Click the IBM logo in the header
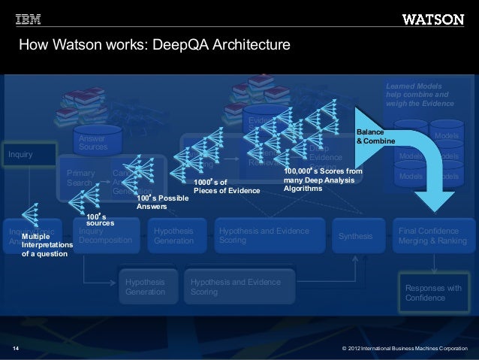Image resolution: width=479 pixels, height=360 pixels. pos(28,18)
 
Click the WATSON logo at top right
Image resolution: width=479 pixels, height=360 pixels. pos(432,19)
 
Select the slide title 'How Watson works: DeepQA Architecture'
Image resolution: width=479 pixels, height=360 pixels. pos(154,47)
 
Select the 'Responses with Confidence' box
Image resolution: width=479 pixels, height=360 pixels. pos(433,293)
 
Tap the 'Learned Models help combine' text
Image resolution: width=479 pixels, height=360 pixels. pos(420,95)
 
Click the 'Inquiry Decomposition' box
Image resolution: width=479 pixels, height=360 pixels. pos(105,235)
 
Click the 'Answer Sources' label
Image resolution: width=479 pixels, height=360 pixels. pos(93,143)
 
